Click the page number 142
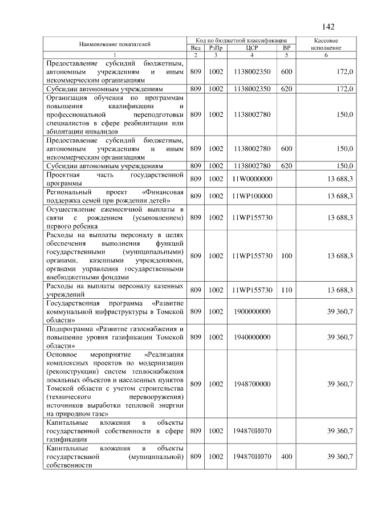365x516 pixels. click(328, 27)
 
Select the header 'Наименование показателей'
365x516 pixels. click(115, 44)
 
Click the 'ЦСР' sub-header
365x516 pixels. click(252, 48)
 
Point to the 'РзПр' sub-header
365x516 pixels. click(215, 48)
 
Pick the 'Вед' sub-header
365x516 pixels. click(195, 48)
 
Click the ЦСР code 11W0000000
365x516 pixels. click(252, 179)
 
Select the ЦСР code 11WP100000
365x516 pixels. click(252, 196)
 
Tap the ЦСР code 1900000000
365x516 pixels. click(252, 312)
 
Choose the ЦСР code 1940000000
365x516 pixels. click(252, 337)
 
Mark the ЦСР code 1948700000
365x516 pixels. click(252, 384)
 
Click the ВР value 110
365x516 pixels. click(286, 290)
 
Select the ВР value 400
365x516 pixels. click(286, 457)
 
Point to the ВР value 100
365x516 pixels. click(286, 256)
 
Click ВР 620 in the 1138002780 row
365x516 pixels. click(286, 166)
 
